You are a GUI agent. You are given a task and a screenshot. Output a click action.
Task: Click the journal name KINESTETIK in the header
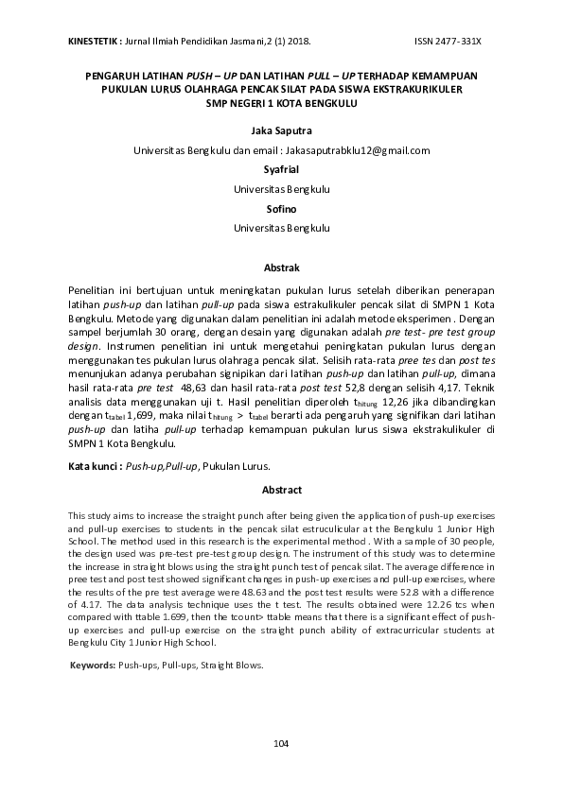tap(92, 43)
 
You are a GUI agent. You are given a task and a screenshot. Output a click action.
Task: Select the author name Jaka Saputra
tap(281, 131)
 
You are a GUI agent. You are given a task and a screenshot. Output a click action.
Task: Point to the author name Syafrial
tap(281, 170)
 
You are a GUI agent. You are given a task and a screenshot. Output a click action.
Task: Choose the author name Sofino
tap(281, 209)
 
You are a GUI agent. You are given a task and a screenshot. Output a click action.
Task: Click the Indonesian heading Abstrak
tap(281, 268)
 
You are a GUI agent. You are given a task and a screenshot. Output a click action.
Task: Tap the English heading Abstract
tap(281, 490)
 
